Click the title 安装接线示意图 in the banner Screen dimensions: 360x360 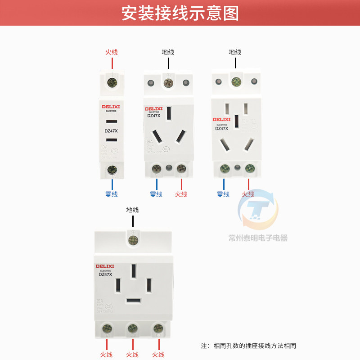pos(180,13)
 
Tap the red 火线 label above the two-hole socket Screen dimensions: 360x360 pos(112,52)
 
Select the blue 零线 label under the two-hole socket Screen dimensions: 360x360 pos(111,194)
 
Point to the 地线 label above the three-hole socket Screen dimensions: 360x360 pos(168,52)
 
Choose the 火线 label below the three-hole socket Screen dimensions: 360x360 pos(181,194)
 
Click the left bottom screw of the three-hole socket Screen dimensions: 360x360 pos(157,169)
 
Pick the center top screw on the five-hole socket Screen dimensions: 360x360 pos(235,82)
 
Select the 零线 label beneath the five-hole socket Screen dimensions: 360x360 pos(223,194)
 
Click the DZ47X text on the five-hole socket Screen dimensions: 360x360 pos(221,128)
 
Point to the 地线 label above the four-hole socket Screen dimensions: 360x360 pos(133,210)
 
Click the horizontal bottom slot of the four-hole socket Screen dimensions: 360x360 pos(133,300)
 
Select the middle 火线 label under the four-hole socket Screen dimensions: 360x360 pos(133,355)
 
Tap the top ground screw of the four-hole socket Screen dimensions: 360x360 pos(133,239)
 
